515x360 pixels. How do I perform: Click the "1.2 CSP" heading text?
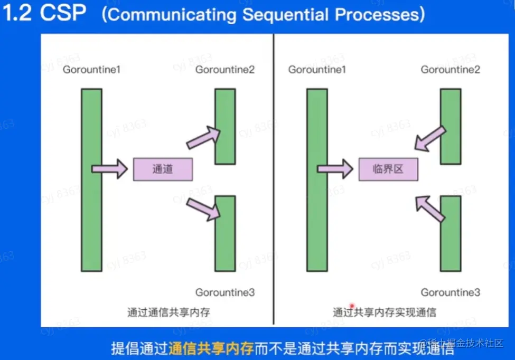coord(45,14)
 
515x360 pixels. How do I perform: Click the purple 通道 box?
coord(163,169)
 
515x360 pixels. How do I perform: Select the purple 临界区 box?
coord(388,169)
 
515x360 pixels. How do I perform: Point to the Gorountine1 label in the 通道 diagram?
coord(91,69)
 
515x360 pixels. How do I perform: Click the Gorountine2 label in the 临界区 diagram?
coord(450,69)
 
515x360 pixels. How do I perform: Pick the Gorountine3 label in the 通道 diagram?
coord(225,292)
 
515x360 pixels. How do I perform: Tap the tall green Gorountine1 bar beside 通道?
coord(91,179)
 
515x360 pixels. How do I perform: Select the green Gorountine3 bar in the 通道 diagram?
coord(225,233)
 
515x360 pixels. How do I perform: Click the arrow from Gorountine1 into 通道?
coord(109,169)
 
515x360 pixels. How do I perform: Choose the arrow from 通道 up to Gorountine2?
coord(203,137)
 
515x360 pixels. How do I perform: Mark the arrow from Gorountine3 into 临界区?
coord(429,207)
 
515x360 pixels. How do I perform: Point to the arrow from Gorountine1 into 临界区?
coord(335,169)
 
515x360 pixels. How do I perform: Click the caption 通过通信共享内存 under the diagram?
coord(168,312)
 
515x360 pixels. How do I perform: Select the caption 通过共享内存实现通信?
coord(385,312)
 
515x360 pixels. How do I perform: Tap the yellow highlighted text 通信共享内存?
coord(211,348)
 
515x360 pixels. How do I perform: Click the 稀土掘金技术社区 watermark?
coord(465,344)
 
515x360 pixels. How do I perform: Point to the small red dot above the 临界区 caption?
coord(350,306)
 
